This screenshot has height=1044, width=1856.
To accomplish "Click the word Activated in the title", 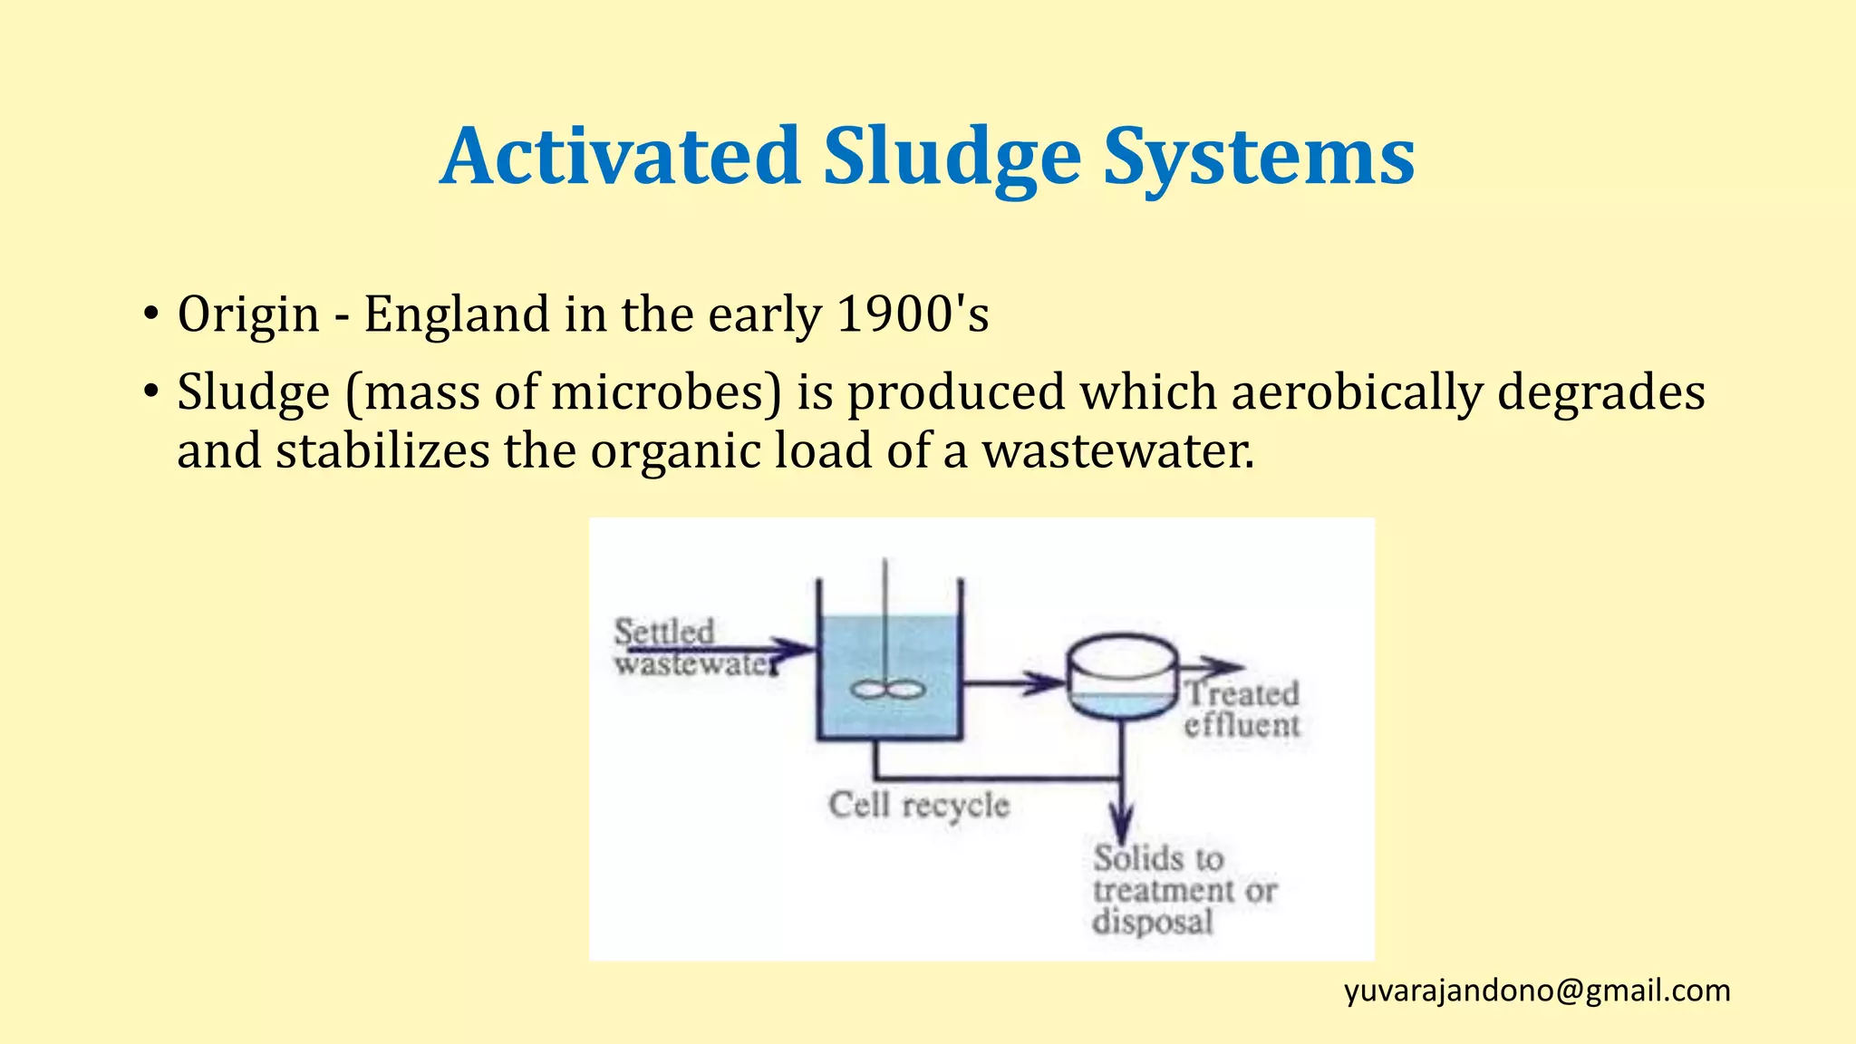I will coord(620,156).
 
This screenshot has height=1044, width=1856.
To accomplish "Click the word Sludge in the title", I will coord(952,158).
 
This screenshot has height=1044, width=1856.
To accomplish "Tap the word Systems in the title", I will coord(1258,158).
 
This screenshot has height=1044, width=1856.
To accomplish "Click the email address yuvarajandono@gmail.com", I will coord(1537,991).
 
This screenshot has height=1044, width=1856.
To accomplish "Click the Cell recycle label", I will coord(918,805).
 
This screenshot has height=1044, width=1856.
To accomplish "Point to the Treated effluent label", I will coord(1242,709).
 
